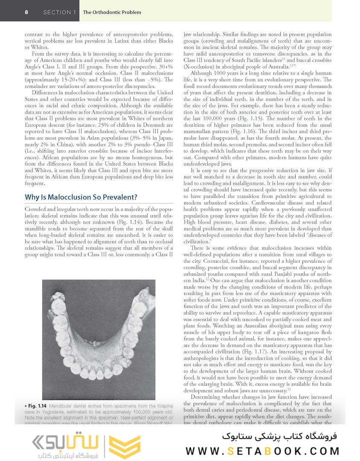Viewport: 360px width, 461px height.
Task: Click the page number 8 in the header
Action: click(x=27, y=12)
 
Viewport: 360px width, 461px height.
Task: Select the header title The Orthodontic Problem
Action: click(x=112, y=12)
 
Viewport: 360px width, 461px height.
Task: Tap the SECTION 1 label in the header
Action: click(x=59, y=12)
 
